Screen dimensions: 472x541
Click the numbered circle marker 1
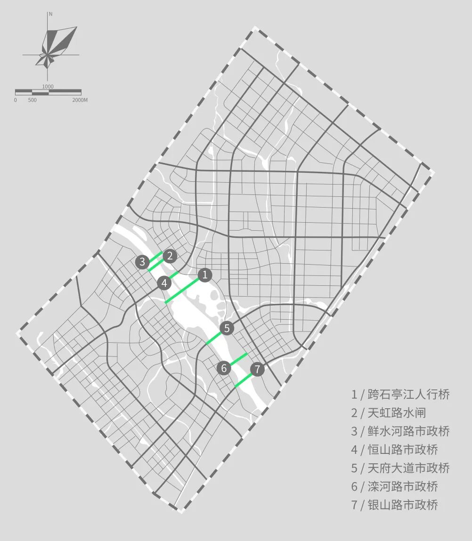point(204,275)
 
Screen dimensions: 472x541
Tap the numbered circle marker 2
point(170,256)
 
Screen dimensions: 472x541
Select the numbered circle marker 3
point(142,262)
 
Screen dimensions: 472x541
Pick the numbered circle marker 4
point(164,283)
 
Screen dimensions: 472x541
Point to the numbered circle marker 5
point(227,328)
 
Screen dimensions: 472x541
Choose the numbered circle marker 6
point(224,368)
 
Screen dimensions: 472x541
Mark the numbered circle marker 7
point(257,370)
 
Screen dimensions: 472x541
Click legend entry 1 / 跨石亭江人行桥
point(400,395)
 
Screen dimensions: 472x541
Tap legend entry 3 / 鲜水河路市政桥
point(400,431)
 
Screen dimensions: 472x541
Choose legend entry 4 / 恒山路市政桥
point(394,450)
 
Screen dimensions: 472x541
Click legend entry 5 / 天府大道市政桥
point(400,468)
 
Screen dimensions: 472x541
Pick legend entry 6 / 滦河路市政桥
point(394,486)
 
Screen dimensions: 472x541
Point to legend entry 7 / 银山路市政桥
point(394,505)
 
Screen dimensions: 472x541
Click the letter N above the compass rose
point(50,15)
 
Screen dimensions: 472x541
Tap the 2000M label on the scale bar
point(80,100)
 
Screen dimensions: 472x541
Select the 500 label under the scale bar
point(32,100)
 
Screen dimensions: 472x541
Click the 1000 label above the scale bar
point(48,87)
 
